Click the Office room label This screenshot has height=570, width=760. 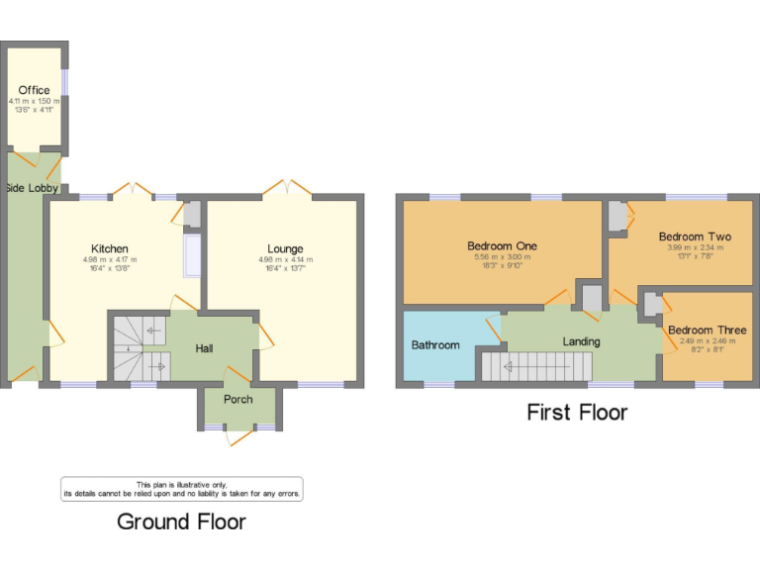pyautogui.click(x=34, y=90)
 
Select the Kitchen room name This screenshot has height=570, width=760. pyautogui.click(x=110, y=248)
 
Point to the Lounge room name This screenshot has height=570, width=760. pyautogui.click(x=285, y=248)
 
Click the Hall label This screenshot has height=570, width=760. pyautogui.click(x=204, y=348)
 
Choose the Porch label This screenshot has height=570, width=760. pyautogui.click(x=238, y=399)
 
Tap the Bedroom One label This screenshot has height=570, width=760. pyautogui.click(x=503, y=245)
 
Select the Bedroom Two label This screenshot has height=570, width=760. pyautogui.click(x=695, y=237)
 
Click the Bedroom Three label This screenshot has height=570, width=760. pyautogui.click(x=707, y=330)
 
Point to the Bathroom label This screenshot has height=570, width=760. pyautogui.click(x=435, y=345)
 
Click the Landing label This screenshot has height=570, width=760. pyautogui.click(x=582, y=342)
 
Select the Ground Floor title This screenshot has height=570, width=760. pyautogui.click(x=181, y=521)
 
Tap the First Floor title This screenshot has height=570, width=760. pyautogui.click(x=577, y=413)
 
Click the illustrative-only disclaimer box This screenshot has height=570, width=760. pyautogui.click(x=182, y=488)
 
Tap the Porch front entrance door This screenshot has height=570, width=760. pyautogui.click(x=238, y=435)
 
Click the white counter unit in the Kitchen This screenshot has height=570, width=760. pyautogui.click(x=192, y=255)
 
